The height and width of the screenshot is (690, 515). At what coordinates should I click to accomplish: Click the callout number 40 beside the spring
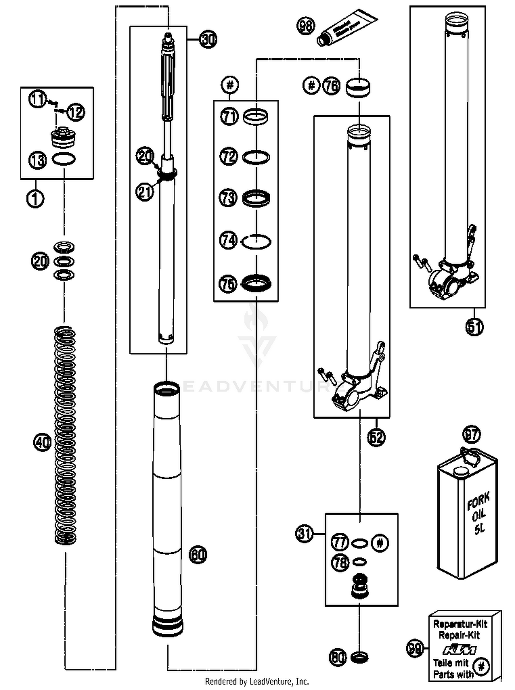42,442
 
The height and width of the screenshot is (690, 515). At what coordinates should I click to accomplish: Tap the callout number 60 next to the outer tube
198,554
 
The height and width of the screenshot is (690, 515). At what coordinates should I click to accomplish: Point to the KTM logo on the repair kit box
459,650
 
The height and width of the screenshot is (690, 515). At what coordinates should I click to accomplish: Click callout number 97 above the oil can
471,434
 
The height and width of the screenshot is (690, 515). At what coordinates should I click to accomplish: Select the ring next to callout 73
256,199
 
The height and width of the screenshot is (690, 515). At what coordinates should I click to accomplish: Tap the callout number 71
229,117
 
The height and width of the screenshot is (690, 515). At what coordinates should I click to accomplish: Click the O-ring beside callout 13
64,159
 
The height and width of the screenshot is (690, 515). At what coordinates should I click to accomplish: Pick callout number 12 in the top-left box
76,112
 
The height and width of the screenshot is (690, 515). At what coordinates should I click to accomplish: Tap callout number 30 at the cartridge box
208,39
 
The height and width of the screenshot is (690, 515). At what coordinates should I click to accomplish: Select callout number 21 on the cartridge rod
145,191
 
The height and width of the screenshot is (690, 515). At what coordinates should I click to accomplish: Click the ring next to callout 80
359,657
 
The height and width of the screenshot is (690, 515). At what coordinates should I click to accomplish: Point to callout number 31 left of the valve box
304,534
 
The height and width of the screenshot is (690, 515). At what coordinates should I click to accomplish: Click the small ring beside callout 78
359,562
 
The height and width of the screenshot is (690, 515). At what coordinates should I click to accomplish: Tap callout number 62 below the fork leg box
376,437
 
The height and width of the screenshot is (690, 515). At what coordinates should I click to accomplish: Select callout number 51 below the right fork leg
474,327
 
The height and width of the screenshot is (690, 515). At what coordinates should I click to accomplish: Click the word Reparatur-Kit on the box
460,624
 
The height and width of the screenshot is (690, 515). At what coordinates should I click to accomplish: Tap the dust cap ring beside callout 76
358,88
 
